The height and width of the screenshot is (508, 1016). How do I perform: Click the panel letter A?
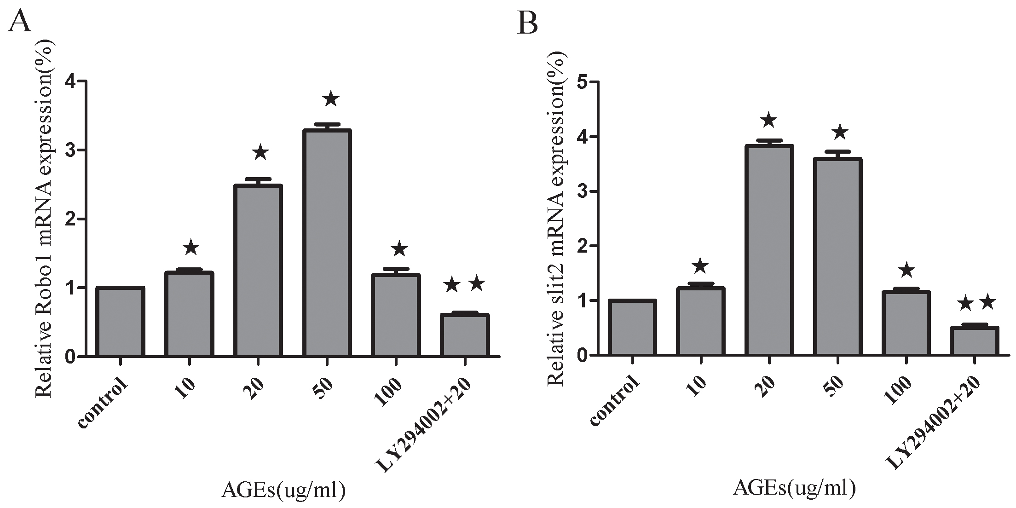20,22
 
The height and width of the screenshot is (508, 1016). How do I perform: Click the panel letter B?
528,23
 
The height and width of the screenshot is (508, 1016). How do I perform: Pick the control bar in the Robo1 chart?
120,322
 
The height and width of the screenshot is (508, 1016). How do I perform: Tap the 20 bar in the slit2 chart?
769,250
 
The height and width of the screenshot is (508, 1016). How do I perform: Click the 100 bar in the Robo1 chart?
396,315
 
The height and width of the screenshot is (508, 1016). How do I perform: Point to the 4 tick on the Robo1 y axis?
82,81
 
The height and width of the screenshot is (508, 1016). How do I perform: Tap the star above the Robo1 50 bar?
331,99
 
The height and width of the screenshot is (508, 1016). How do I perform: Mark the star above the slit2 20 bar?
768,121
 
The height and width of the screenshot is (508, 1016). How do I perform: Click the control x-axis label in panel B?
614,400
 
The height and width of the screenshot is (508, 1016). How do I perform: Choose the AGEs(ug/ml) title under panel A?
283,491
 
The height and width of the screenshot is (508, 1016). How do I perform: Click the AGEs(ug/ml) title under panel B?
795,488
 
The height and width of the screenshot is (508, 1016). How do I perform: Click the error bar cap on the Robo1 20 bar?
258,179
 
